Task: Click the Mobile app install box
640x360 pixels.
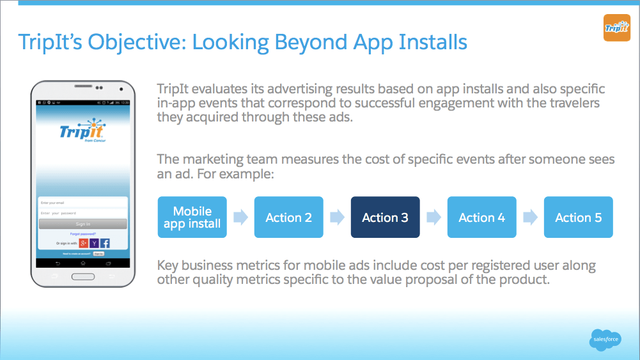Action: pyautogui.click(x=192, y=217)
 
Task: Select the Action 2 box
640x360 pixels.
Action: pyautogui.click(x=288, y=217)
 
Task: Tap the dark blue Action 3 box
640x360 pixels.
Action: pyautogui.click(x=385, y=217)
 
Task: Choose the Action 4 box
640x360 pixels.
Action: pyautogui.click(x=481, y=217)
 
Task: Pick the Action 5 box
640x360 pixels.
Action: pyautogui.click(x=578, y=217)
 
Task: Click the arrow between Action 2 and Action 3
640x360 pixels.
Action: pyautogui.click(x=337, y=217)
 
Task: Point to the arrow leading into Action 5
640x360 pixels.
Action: pyautogui.click(x=530, y=217)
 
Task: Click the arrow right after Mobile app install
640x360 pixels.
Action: pyautogui.click(x=240, y=217)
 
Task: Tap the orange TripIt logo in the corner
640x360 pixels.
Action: pyautogui.click(x=616, y=27)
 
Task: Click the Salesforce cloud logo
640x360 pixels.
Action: pyautogui.click(x=604, y=340)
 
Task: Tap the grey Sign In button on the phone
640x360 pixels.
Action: pyautogui.click(x=82, y=224)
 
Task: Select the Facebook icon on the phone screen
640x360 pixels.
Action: pyautogui.click(x=105, y=243)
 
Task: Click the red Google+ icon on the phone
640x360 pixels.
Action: pyautogui.click(x=83, y=243)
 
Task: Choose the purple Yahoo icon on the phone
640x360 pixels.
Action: pyautogui.click(x=94, y=243)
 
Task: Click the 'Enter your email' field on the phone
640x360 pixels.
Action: pyautogui.click(x=82, y=203)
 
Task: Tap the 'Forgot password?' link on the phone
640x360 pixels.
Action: pyautogui.click(x=82, y=234)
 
